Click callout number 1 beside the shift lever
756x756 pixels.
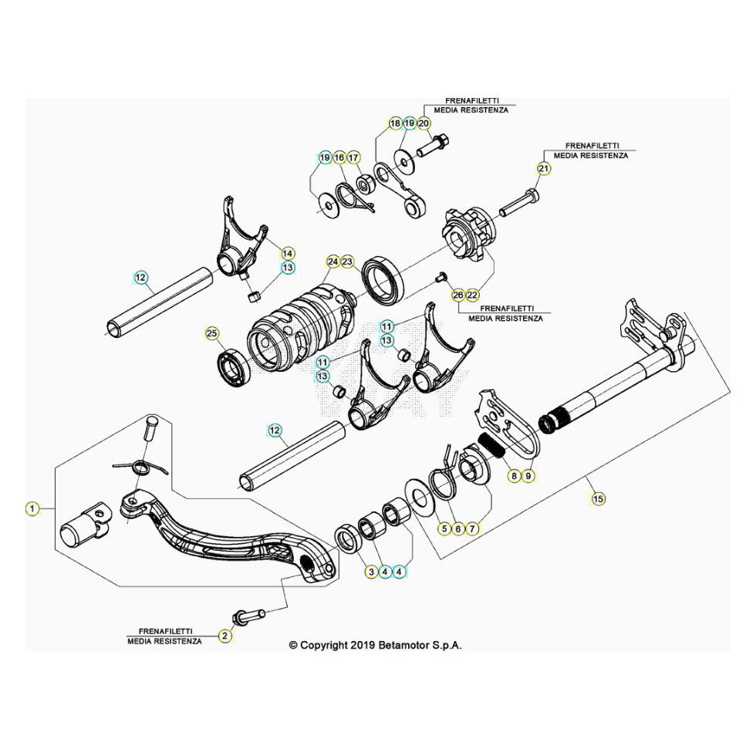point(32,508)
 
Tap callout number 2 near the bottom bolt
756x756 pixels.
point(224,636)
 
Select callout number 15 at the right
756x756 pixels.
point(598,499)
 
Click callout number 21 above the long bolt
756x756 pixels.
point(544,170)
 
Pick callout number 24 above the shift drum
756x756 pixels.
point(332,262)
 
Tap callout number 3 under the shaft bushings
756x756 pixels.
point(371,572)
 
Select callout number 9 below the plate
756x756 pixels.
point(528,476)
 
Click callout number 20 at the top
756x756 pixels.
point(424,123)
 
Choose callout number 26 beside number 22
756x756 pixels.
point(458,295)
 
